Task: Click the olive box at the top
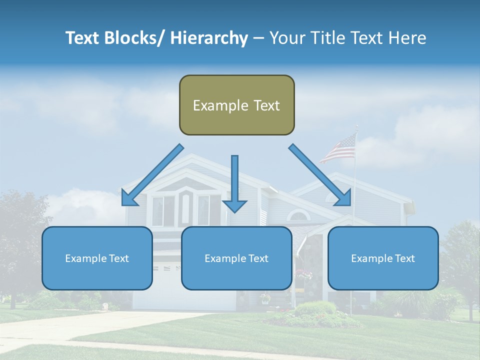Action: [x=236, y=105]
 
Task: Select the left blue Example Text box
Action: [x=97, y=258]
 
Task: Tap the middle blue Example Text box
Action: [x=236, y=258]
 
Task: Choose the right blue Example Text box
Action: [x=383, y=258]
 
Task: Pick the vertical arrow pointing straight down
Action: [x=234, y=183]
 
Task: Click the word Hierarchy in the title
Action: [x=209, y=38]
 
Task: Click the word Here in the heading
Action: [x=407, y=38]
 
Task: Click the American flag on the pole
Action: [x=338, y=148]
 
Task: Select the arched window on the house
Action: [x=299, y=215]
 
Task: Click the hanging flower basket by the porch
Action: [x=303, y=274]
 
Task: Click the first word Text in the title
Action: [x=83, y=38]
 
